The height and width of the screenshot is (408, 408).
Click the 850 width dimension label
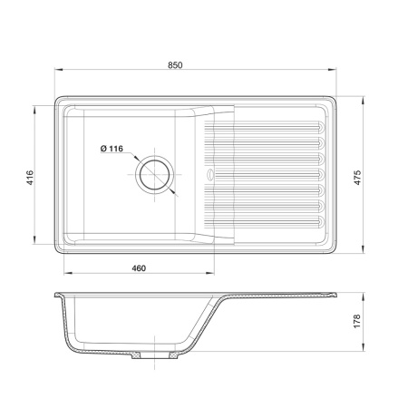pyautogui.click(x=175, y=65)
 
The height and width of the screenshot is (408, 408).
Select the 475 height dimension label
pyautogui.click(x=357, y=178)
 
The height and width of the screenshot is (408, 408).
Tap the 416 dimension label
pyautogui.click(x=30, y=178)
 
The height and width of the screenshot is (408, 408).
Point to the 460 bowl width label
pyautogui.click(x=139, y=268)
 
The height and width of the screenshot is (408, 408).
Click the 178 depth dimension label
pyautogui.click(x=357, y=321)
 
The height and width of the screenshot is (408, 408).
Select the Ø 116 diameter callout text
pyautogui.click(x=112, y=149)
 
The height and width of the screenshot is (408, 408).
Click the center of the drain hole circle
pyautogui.click(x=155, y=175)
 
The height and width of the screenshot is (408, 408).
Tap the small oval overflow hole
pyautogui.click(x=209, y=174)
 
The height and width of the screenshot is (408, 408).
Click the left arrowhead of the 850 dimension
pyautogui.click(x=58, y=70)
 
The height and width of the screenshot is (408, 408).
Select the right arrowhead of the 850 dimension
pyautogui.click(x=333, y=70)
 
